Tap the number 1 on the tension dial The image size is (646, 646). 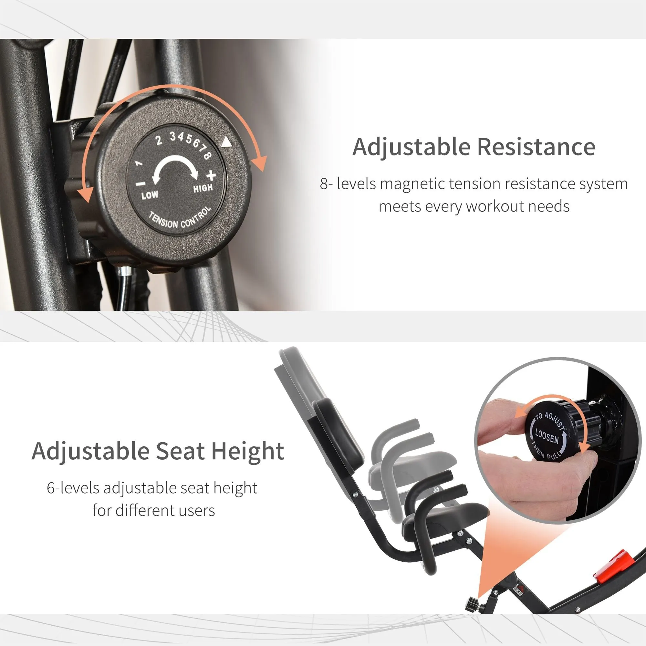(139, 163)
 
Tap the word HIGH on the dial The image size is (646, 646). (203, 188)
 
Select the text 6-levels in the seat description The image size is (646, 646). (73, 488)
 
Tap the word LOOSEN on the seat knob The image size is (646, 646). (547, 436)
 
